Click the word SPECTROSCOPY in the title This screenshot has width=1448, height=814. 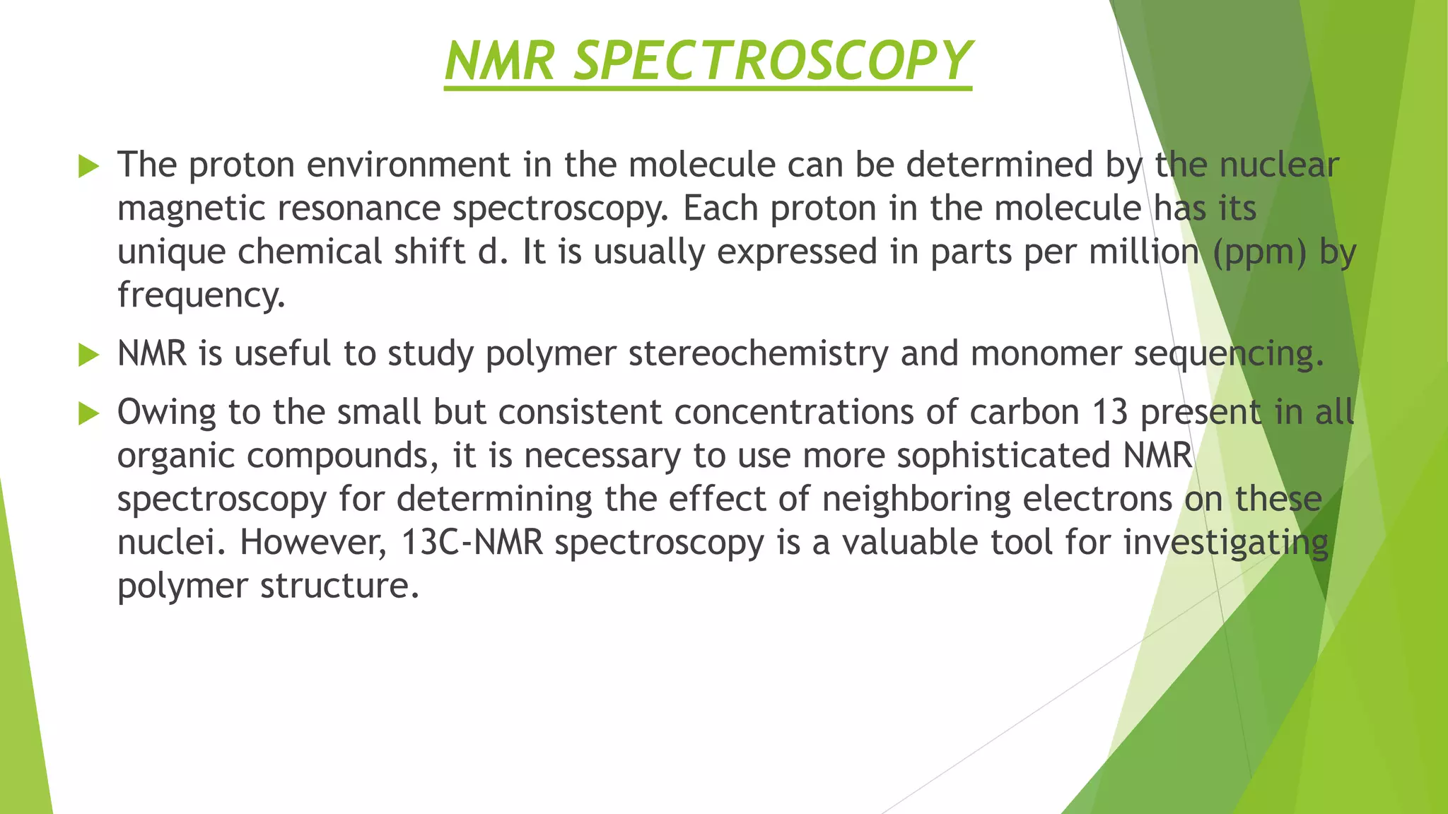pyautogui.click(x=772, y=61)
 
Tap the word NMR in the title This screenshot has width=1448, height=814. pyautogui.click(x=500, y=61)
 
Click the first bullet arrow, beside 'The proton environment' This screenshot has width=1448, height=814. pyautogui.click(x=88, y=167)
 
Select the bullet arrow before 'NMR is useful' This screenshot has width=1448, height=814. pyautogui.click(x=88, y=355)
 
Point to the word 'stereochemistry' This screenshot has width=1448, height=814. pyautogui.click(x=758, y=354)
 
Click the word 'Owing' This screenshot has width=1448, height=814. pyautogui.click(x=166, y=413)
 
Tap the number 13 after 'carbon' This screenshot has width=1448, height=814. pyautogui.click(x=1109, y=412)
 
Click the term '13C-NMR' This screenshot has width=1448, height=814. pyautogui.click(x=472, y=543)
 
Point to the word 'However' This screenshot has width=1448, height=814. pyautogui.click(x=313, y=543)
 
